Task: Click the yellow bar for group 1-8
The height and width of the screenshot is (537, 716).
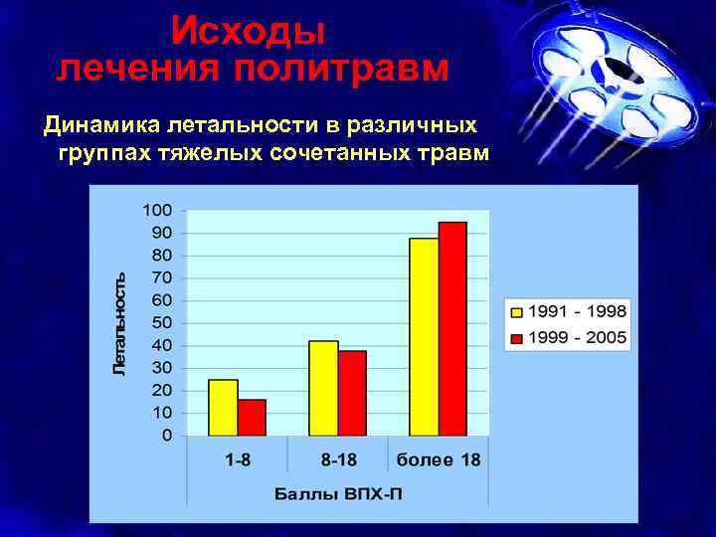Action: [223, 408]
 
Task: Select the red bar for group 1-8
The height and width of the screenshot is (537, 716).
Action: [252, 418]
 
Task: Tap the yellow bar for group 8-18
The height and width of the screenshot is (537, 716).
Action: [323, 388]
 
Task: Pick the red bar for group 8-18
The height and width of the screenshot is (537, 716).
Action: [352, 393]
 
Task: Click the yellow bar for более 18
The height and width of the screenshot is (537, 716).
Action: [424, 337]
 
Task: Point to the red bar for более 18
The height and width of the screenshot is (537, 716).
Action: [452, 329]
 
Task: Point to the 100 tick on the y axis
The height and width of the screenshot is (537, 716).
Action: [157, 210]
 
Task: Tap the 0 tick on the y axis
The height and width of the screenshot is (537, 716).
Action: [166, 436]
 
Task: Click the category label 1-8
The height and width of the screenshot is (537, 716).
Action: [237, 460]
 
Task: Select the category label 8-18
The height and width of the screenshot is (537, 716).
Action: [337, 460]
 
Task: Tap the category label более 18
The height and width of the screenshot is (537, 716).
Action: [439, 460]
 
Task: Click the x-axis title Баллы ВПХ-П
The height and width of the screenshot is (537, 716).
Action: [337, 494]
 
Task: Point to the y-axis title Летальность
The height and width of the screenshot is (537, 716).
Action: [119, 323]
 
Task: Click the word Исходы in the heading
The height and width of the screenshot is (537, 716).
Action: [248, 32]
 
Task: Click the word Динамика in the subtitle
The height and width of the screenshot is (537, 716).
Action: [98, 126]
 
